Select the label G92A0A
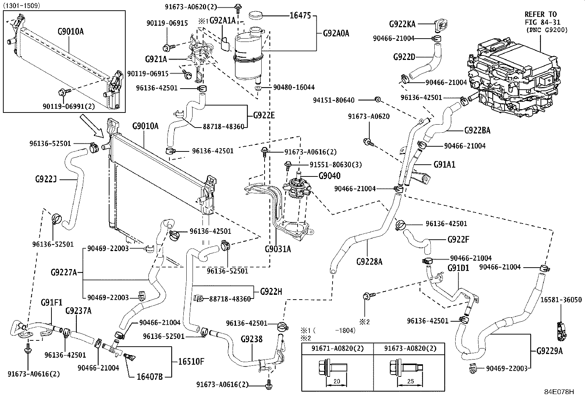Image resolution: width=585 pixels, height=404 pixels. [x=336, y=33]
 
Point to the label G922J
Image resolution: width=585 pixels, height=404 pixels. [x=46, y=179]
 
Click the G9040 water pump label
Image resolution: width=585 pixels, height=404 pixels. [x=329, y=176]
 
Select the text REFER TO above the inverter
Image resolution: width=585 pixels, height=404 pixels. [x=541, y=14]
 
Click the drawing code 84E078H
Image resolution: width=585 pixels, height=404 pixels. [x=559, y=392]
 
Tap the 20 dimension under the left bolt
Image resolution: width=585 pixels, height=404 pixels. [x=336, y=381]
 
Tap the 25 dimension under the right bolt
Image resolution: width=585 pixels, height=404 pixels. [x=410, y=381]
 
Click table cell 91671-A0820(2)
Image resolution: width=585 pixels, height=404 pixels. [x=337, y=348]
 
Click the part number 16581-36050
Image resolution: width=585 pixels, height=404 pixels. [x=561, y=300]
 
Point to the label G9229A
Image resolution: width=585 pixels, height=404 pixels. [x=549, y=351]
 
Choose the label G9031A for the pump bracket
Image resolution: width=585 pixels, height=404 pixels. [x=278, y=249]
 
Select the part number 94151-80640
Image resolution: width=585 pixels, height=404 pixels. [x=334, y=100]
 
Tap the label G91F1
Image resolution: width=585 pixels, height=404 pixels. [x=51, y=303]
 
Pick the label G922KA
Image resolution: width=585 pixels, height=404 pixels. [x=402, y=24]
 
